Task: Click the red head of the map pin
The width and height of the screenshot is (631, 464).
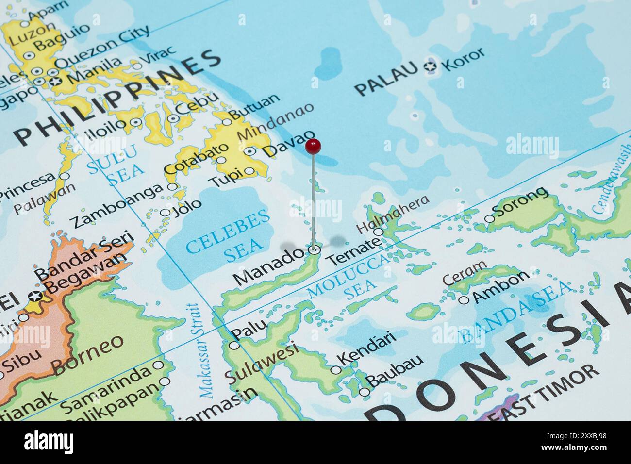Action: [313, 145]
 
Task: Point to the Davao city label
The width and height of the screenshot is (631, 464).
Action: [288, 144]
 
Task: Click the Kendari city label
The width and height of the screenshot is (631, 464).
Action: [367, 347]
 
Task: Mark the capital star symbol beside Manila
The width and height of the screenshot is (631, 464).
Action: [55, 81]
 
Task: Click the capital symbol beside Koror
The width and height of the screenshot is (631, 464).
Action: [430, 66]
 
